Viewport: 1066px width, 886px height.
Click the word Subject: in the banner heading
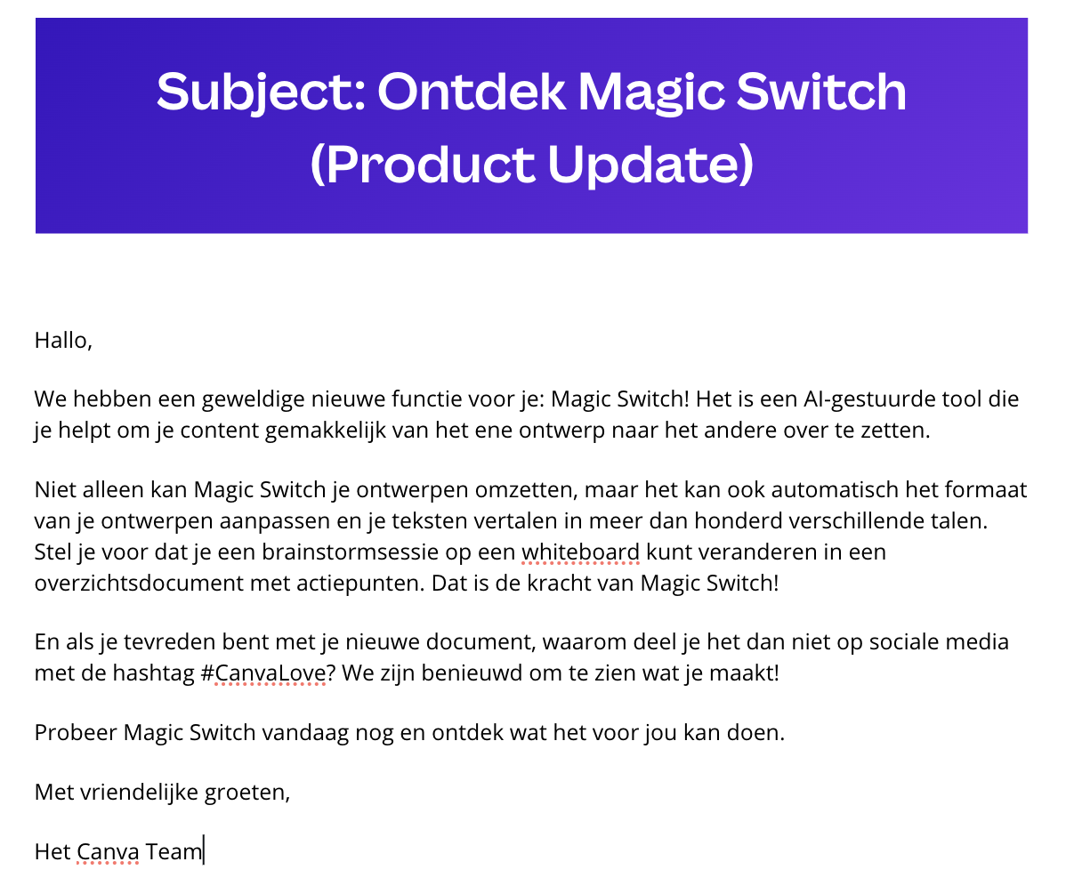click(x=262, y=93)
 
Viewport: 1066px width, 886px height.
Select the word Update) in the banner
click(x=650, y=165)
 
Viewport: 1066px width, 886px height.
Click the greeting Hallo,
click(x=63, y=340)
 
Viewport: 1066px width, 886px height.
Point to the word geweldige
click(x=253, y=399)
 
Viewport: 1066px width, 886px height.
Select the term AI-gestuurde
click(x=869, y=399)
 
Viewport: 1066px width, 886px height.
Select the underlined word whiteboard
click(x=580, y=552)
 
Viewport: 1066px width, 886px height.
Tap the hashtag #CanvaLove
click(x=263, y=673)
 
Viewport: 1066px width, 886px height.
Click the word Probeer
click(x=76, y=732)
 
